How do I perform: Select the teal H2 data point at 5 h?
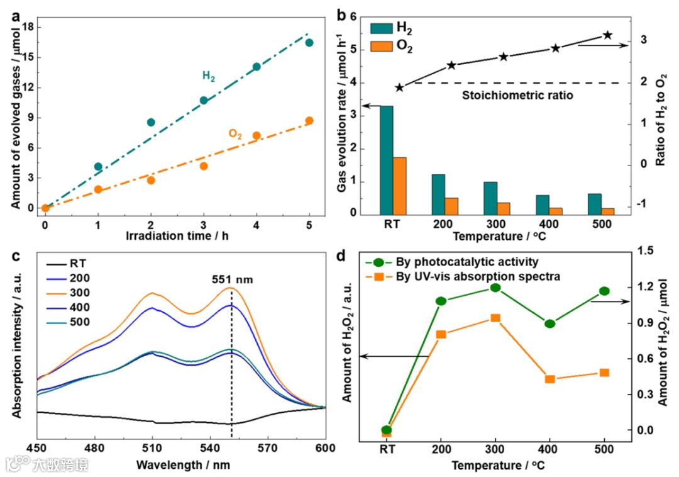pyautogui.click(x=309, y=43)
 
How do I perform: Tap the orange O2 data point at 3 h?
pyautogui.click(x=204, y=166)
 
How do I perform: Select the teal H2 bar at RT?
pyautogui.click(x=386, y=160)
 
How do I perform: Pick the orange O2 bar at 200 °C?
pyautogui.click(x=451, y=206)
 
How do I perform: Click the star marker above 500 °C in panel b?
pyautogui.click(x=607, y=35)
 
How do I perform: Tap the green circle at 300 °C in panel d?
pyautogui.click(x=495, y=288)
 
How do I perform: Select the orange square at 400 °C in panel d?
pyautogui.click(x=550, y=379)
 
